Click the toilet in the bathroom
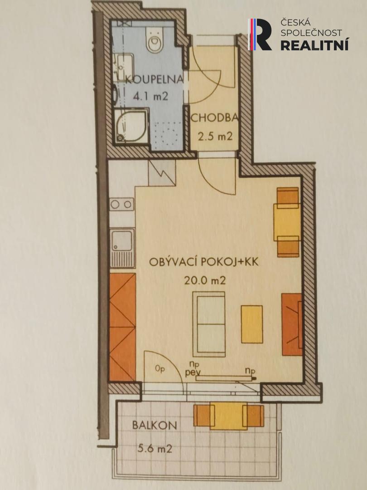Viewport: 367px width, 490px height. click(x=155, y=39)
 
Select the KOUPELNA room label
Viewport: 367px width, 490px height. click(x=154, y=79)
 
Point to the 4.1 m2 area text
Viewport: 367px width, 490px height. click(x=150, y=96)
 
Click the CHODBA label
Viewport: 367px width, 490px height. click(x=214, y=118)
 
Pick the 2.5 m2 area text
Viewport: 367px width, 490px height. click(x=215, y=136)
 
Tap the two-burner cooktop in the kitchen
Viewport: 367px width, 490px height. click(x=122, y=204)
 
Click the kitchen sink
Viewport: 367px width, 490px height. click(x=122, y=248)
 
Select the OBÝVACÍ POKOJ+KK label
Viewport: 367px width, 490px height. click(x=204, y=262)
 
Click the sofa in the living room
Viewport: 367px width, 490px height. click(x=209, y=324)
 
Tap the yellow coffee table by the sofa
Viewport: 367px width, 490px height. click(x=251, y=324)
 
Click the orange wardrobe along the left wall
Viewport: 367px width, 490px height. click(x=122, y=327)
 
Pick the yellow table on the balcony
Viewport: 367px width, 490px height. click(x=229, y=416)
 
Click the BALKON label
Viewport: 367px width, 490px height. click(x=155, y=425)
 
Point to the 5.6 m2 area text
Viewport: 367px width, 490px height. click(x=155, y=449)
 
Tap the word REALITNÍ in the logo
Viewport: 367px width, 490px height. click(x=314, y=44)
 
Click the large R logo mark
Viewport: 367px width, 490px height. click(x=260, y=34)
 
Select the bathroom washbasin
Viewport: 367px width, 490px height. click(x=123, y=66)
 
